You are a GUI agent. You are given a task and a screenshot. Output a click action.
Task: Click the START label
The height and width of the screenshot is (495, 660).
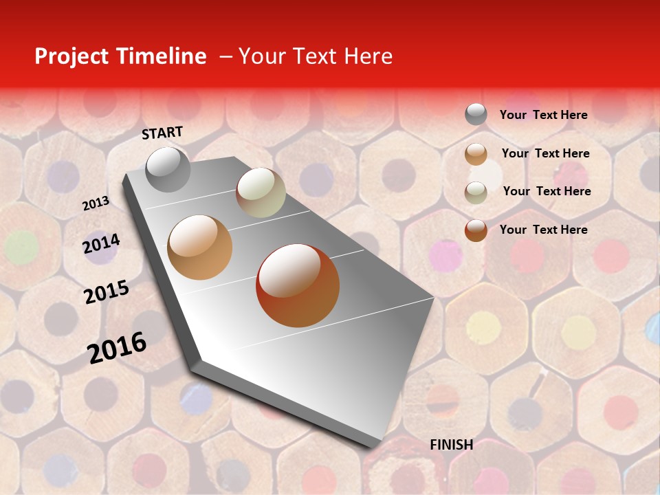click(x=162, y=133)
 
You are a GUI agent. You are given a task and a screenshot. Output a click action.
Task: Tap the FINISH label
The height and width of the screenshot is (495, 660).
click(x=451, y=445)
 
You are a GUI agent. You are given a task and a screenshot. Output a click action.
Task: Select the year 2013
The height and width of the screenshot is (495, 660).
click(x=96, y=203)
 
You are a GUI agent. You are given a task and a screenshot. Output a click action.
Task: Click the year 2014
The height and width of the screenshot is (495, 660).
click(x=101, y=244)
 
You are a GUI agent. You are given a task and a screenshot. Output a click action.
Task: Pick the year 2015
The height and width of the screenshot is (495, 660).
click(x=107, y=292)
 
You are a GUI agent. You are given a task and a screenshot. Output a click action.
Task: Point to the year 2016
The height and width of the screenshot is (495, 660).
click(x=117, y=348)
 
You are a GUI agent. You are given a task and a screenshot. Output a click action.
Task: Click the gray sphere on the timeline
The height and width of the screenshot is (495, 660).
click(x=168, y=169)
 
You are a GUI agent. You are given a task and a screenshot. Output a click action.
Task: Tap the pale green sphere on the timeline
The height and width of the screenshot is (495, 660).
click(x=261, y=192)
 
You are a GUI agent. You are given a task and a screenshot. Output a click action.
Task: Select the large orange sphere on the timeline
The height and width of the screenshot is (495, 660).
click(x=200, y=247)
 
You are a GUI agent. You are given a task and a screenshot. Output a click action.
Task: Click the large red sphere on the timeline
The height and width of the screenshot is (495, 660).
click(x=298, y=285)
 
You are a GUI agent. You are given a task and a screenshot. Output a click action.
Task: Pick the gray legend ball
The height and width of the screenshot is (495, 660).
click(x=476, y=114)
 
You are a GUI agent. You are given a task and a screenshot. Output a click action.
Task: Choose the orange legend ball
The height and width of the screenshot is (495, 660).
click(x=476, y=154)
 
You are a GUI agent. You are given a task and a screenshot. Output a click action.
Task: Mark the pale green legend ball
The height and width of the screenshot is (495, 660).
click(x=476, y=192)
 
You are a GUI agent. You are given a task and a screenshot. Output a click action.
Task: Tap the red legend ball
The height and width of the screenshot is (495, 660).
click(x=476, y=230)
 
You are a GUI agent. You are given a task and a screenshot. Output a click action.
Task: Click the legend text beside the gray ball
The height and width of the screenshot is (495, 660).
click(x=543, y=115)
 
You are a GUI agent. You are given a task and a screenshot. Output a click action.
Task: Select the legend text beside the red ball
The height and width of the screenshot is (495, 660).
click(x=543, y=230)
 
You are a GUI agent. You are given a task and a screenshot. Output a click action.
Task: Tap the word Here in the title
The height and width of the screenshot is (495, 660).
click(x=368, y=56)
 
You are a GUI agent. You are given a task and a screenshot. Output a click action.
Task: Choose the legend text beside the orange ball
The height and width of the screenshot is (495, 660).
click(x=545, y=153)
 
